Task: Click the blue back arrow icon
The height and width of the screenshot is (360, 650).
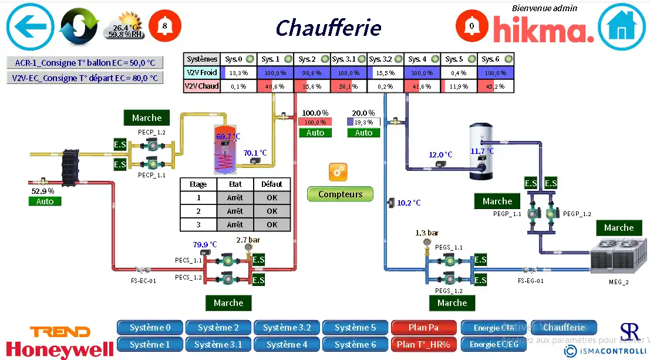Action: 30,26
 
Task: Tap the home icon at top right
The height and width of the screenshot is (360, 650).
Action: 621,26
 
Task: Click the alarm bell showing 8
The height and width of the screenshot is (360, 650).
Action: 165,26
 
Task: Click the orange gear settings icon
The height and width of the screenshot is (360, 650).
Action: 338,172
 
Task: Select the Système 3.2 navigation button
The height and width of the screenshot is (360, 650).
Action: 287,328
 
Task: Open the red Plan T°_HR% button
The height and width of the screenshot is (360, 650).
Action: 423,344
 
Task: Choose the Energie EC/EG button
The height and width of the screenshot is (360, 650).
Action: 494,344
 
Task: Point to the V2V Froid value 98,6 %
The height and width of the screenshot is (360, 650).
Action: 311,73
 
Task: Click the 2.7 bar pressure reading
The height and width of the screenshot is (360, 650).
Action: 247,240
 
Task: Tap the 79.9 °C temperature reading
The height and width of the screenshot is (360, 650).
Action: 205,244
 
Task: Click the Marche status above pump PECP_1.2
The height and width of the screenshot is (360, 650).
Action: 147,118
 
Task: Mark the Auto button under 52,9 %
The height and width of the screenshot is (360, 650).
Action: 45,201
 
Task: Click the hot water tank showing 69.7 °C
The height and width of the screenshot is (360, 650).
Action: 225,149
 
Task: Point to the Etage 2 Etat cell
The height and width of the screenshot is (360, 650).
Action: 235,211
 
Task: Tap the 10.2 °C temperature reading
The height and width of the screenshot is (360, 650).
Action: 409,203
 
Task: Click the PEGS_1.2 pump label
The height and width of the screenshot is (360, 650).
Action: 449,291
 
